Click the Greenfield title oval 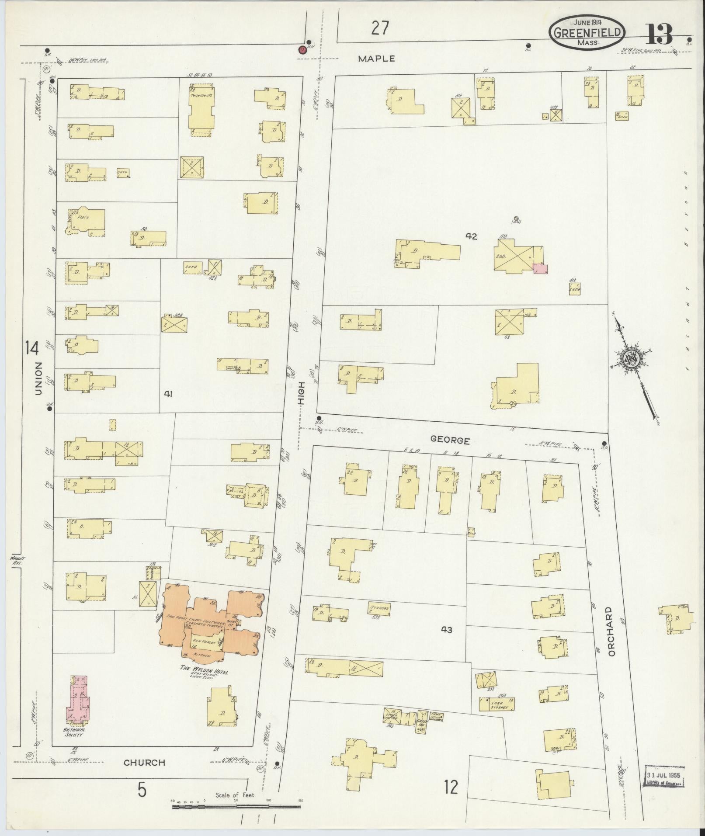tap(587, 32)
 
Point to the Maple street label tap(376, 58)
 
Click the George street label tap(450, 440)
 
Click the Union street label tap(39, 378)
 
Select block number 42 tap(471, 236)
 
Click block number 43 tap(446, 629)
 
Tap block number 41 tap(168, 394)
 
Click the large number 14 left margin tap(32, 348)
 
